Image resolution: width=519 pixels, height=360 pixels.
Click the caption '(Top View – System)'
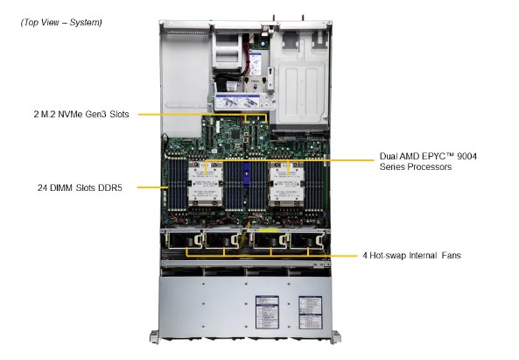point(61,22)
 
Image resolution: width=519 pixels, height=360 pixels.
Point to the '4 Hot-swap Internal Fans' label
point(412,256)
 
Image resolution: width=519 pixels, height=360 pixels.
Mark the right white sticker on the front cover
point(309,311)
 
